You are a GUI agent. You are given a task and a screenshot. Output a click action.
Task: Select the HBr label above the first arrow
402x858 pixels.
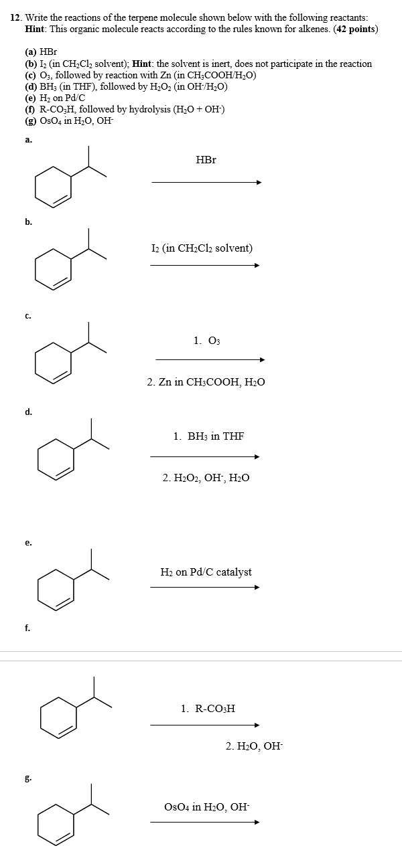206,160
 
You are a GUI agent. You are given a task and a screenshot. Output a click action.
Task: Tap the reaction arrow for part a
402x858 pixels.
206,182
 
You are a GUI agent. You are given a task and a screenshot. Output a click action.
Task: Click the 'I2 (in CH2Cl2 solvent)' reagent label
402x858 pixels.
202,248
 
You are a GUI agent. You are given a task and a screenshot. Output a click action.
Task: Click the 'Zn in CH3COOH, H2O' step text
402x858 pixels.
206,382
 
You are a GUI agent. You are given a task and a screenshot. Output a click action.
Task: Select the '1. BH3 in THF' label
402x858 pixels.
208,436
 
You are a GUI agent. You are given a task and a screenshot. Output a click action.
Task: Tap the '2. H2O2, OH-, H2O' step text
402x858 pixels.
206,478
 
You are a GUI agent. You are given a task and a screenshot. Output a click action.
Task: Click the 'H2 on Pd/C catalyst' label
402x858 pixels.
206,572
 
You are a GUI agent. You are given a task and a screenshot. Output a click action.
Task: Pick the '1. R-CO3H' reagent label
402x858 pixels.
208,707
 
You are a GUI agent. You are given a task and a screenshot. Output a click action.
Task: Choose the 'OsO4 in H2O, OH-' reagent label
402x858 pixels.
206,807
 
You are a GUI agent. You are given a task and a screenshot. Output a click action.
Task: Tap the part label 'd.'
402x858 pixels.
28,412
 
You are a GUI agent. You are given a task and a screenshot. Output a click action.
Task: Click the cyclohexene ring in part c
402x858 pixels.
54,362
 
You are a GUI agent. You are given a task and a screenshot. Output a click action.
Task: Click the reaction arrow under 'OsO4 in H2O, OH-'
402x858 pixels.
204,822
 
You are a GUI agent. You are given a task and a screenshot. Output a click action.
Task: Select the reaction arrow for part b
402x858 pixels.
204,265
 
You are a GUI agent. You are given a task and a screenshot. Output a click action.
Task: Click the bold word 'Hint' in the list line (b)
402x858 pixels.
144,64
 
